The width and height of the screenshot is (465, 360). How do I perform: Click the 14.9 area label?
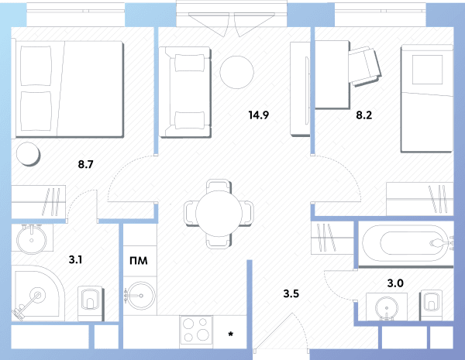[259, 115]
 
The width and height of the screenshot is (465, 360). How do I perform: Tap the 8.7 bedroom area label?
[86, 164]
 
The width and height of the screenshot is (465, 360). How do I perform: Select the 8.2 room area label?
[364, 115]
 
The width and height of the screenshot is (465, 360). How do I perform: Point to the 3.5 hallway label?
[291, 293]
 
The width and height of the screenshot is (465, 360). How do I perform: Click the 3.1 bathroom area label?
[75, 259]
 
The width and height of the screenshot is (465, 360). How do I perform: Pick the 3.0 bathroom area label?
[395, 283]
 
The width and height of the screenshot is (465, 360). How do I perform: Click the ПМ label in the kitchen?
[139, 261]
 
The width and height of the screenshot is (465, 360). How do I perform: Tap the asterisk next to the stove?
[230, 334]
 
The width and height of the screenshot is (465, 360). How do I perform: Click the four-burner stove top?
[196, 332]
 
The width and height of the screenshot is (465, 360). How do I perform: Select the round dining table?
[219, 214]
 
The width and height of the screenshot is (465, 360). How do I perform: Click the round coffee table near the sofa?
[236, 72]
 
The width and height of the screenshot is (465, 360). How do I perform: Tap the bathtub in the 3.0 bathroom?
[405, 244]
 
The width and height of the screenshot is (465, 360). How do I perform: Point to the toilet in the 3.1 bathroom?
[91, 303]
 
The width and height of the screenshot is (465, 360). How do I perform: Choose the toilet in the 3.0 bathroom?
[431, 304]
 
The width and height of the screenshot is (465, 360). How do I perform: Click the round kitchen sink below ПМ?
[139, 296]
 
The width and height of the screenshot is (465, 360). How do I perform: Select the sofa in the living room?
[185, 92]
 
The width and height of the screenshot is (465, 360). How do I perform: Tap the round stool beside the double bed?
[28, 154]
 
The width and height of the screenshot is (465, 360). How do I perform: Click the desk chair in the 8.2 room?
[364, 67]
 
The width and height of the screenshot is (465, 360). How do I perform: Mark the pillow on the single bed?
[427, 70]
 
